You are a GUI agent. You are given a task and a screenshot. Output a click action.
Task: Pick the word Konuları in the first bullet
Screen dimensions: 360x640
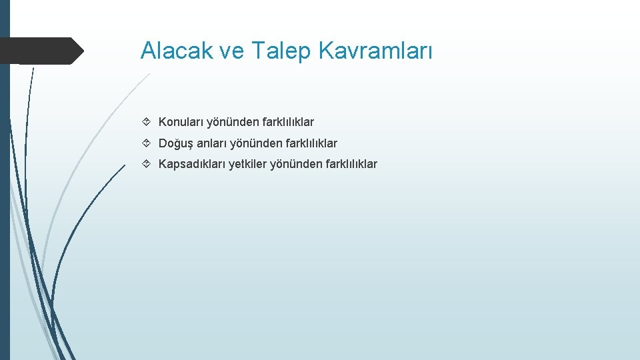(181, 122)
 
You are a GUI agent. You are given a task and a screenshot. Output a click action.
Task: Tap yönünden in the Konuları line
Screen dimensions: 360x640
(232, 122)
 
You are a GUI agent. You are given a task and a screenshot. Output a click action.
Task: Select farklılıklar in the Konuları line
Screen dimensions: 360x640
(287, 122)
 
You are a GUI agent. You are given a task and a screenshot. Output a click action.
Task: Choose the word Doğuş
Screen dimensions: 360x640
(176, 143)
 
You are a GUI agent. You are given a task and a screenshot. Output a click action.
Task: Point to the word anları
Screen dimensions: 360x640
(212, 143)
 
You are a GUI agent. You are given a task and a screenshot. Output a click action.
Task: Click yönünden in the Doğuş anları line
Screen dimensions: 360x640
(255, 143)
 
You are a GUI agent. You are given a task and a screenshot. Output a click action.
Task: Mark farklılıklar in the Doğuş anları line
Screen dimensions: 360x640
(311, 143)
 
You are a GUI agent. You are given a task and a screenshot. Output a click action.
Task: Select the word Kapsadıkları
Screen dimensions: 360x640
(192, 164)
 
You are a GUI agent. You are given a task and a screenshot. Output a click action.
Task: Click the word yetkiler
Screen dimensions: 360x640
(248, 164)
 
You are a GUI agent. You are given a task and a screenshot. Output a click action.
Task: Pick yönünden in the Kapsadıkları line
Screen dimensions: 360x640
(295, 164)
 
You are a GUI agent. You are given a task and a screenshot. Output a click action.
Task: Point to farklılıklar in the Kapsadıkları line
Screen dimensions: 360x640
(351, 164)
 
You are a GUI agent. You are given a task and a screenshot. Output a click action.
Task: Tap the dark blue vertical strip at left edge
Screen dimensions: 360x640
(5, 200)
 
